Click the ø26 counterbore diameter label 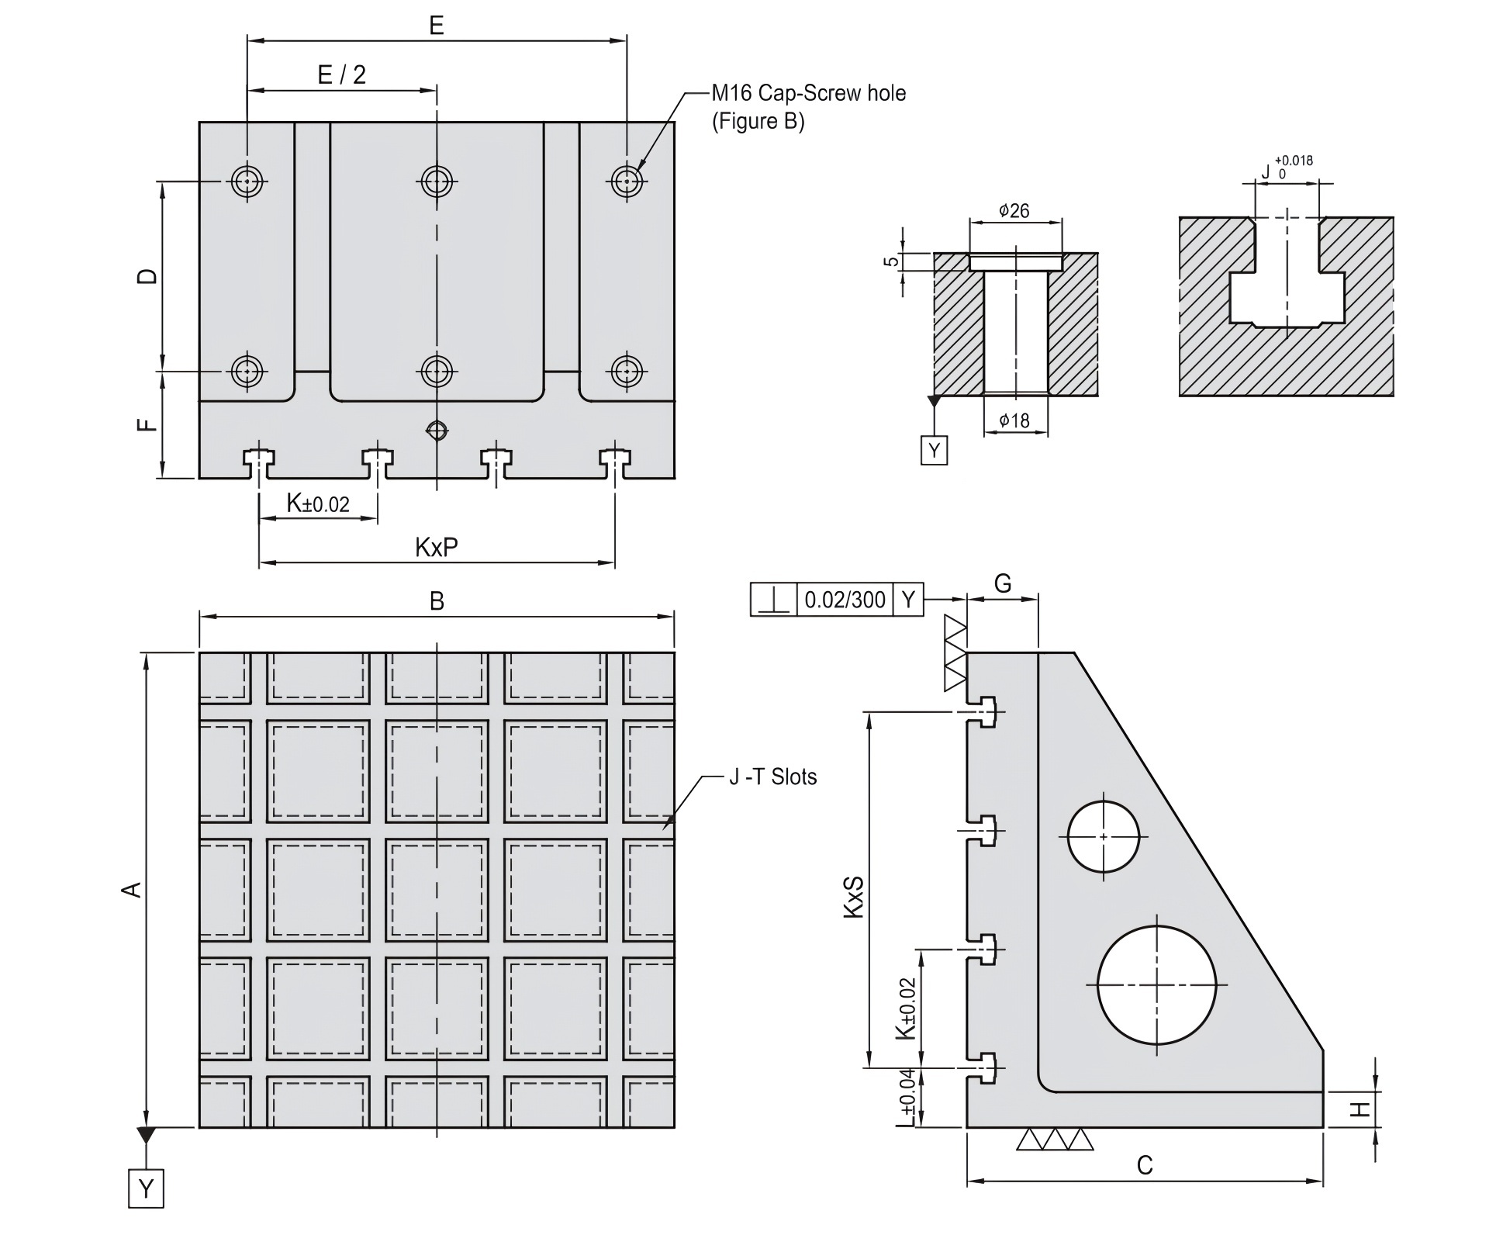pos(1014,210)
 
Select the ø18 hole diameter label pos(1014,420)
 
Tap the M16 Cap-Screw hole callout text pos(808,94)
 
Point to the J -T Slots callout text pos(772,777)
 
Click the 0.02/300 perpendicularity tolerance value pos(845,600)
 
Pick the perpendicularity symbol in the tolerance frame pos(773,600)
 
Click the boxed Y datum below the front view pos(146,1188)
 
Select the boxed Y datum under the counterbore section pos(934,450)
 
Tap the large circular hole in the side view pos(1156,985)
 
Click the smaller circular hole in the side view pos(1103,836)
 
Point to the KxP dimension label pos(437,548)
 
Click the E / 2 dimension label pos(342,74)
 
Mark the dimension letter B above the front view pos(437,600)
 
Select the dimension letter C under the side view pos(1145,1164)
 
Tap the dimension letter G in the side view pos(1003,583)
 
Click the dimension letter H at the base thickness pos(1362,1110)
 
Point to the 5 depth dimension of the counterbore pos(893,261)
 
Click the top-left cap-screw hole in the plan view pos(247,182)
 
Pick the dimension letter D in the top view pos(147,276)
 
